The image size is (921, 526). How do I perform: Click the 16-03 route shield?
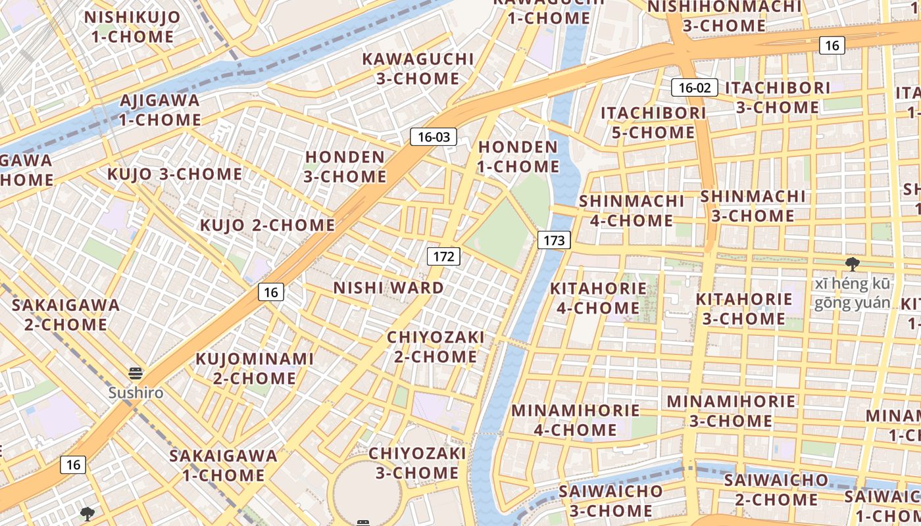pyautogui.click(x=434, y=137)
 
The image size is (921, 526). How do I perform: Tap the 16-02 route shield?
pyautogui.click(x=694, y=87)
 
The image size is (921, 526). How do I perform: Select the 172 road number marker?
pyautogui.click(x=443, y=256)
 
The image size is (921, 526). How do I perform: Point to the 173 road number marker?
pyautogui.click(x=554, y=240)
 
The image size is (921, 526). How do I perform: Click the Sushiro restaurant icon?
pyautogui.click(x=136, y=374)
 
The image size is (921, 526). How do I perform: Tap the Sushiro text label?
pyautogui.click(x=136, y=393)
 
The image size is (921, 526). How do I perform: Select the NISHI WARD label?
pyautogui.click(x=388, y=288)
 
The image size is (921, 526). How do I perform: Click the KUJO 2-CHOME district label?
pyautogui.click(x=267, y=225)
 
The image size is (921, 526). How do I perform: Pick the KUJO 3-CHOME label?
pyautogui.click(x=174, y=174)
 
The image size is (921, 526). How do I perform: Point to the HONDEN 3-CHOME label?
pyautogui.click(x=345, y=167)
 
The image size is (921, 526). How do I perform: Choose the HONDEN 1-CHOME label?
pyautogui.click(x=518, y=156)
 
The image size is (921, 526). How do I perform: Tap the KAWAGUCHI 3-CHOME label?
pyautogui.click(x=418, y=68)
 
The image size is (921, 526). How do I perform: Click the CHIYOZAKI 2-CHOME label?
pyautogui.click(x=435, y=347)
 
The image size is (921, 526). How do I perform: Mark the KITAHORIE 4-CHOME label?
pyautogui.click(x=598, y=298)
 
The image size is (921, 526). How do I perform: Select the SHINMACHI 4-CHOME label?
pyautogui.click(x=632, y=210)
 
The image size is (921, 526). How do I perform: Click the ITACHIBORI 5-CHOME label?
pyautogui.click(x=653, y=122)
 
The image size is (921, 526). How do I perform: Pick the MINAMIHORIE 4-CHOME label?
pyautogui.click(x=575, y=420)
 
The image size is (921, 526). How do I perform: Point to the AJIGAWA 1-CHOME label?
pyautogui.click(x=160, y=110)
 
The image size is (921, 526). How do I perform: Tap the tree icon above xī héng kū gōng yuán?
pyautogui.click(x=853, y=264)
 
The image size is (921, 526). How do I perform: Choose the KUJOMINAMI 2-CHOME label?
pyautogui.click(x=255, y=368)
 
